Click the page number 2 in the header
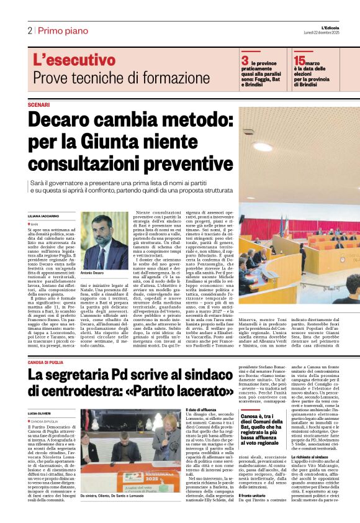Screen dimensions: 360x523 pos(29,30)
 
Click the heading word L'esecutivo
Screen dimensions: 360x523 pos(74,61)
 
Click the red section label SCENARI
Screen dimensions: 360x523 pos(38,104)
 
